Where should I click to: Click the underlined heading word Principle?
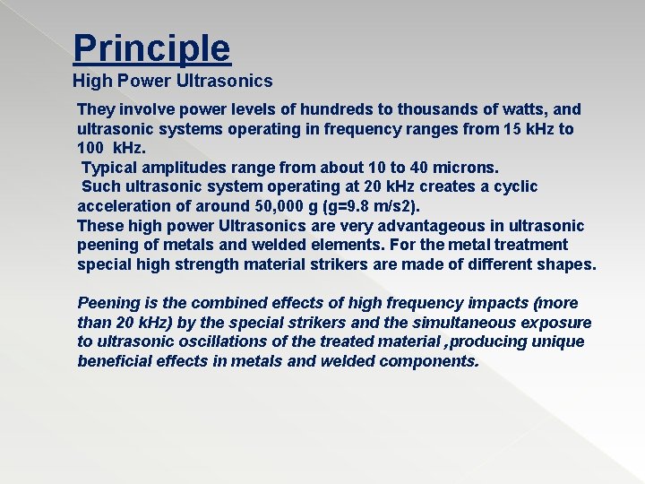pyautogui.click(x=151, y=48)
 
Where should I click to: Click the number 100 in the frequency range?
pyautogui.click(x=91, y=149)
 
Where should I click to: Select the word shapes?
pyautogui.click(x=566, y=264)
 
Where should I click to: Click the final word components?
pyautogui.click(x=429, y=361)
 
